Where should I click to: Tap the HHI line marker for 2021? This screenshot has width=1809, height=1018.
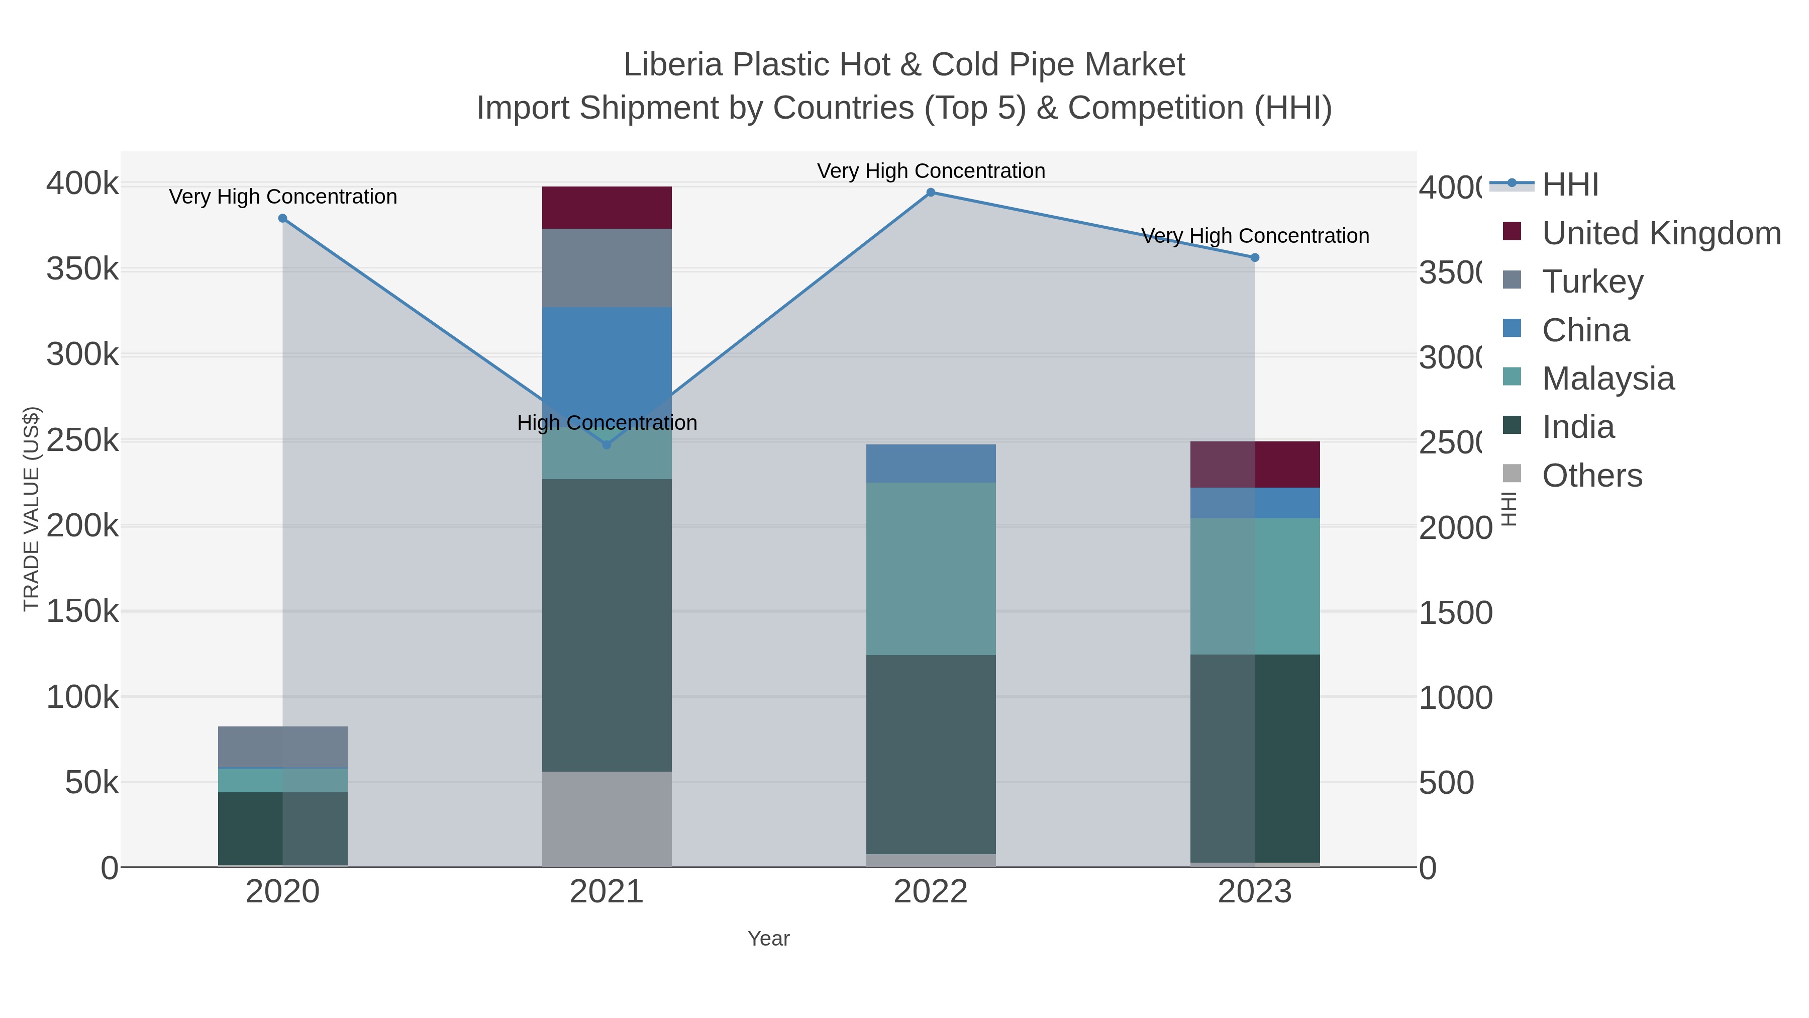(x=607, y=445)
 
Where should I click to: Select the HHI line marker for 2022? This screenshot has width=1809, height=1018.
(x=931, y=193)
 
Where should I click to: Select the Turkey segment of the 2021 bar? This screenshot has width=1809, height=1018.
(x=607, y=267)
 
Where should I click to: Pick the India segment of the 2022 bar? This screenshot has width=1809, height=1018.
(x=931, y=754)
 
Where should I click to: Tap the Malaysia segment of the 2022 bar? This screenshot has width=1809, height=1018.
(x=931, y=569)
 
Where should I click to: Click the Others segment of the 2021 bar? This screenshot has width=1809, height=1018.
(x=607, y=818)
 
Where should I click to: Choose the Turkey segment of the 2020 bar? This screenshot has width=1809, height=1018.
(x=282, y=747)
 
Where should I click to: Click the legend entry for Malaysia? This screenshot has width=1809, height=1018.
(x=1607, y=379)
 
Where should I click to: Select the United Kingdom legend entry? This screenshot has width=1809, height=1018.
(x=1661, y=233)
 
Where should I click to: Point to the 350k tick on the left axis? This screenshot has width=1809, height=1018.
(x=82, y=269)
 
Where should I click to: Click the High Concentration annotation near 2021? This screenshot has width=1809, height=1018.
(x=607, y=423)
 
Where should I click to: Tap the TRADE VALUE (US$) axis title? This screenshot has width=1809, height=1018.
(x=31, y=509)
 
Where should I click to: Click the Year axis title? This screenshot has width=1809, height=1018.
(x=768, y=939)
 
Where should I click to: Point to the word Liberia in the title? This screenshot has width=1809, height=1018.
(x=673, y=65)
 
